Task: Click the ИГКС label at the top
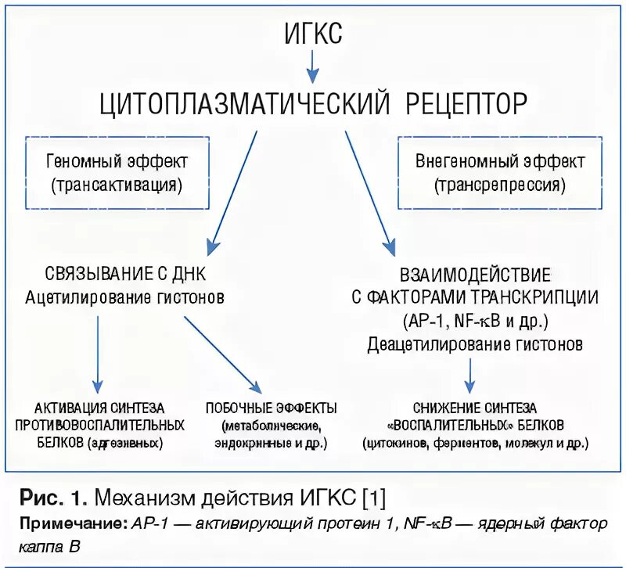[x=312, y=33]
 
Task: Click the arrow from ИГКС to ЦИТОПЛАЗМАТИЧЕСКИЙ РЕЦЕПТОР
[x=312, y=66]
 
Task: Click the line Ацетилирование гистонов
[x=125, y=297]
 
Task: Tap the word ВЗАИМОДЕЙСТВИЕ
[x=475, y=275]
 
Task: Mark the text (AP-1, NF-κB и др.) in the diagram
[x=475, y=322]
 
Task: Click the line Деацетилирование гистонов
[x=475, y=344]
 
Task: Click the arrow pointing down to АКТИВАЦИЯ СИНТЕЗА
[x=98, y=352]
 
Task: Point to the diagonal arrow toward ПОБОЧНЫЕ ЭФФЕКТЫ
[x=223, y=352]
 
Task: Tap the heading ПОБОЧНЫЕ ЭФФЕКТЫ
[x=271, y=408]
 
